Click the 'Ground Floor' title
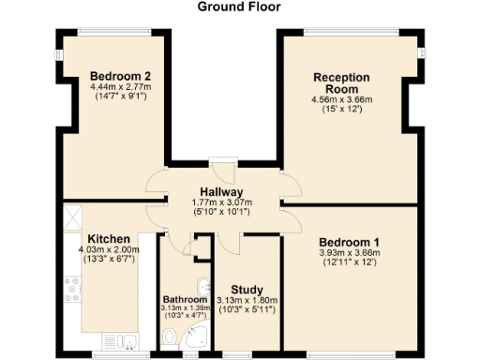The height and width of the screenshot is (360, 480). point(239,7)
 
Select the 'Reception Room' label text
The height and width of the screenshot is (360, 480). point(342,83)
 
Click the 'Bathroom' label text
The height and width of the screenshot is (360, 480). point(184,300)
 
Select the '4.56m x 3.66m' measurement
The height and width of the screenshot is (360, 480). point(342,99)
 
